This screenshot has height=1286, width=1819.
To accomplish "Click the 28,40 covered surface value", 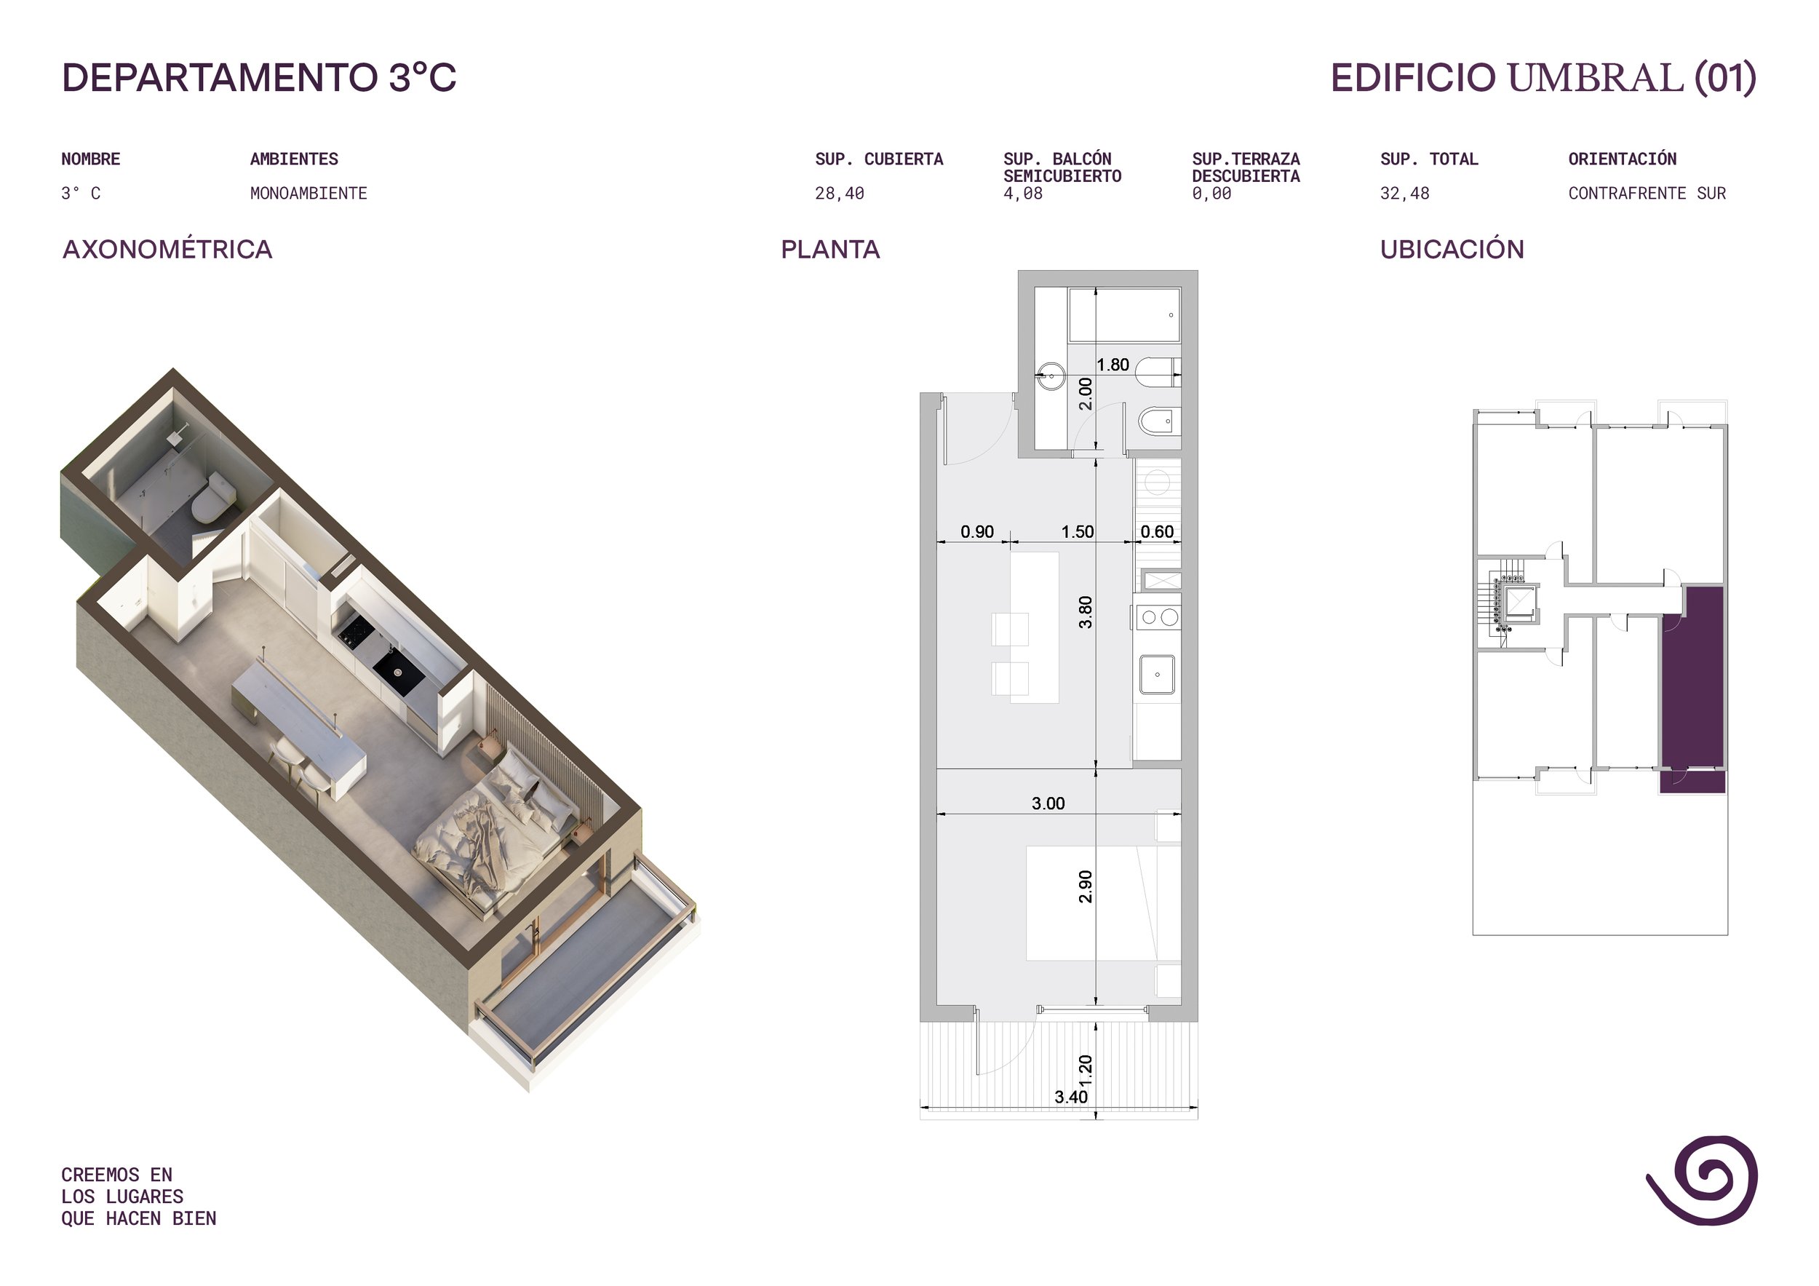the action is [x=839, y=194].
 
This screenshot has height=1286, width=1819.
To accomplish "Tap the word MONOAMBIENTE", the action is [x=309, y=194].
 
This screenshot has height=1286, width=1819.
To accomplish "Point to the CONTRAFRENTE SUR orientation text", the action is [x=1647, y=194].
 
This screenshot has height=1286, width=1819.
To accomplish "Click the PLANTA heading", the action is [x=830, y=250].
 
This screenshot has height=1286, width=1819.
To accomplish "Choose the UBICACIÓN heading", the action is [x=1452, y=249].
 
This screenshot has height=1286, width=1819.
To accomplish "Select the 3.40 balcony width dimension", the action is [x=1070, y=1097].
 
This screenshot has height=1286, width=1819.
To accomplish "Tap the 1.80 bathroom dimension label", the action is [x=1113, y=365].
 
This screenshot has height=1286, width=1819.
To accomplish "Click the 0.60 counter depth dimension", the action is [x=1157, y=532].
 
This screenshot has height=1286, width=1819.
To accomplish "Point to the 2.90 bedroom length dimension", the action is [x=1086, y=886].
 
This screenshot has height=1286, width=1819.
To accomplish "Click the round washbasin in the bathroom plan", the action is [x=1051, y=376].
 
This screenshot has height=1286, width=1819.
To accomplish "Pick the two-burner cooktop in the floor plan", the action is [x=1158, y=617].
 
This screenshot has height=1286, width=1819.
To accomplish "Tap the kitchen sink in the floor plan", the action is [x=1158, y=675].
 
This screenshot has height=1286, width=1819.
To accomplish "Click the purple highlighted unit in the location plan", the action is [x=1692, y=689].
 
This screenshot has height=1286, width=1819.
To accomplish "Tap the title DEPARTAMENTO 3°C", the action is [x=259, y=78].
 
